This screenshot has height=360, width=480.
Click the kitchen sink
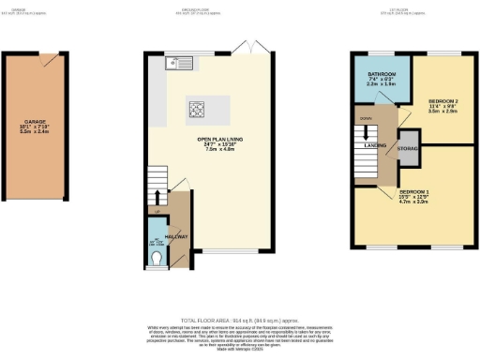tap(174, 65)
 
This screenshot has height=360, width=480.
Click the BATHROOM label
tap(381, 73)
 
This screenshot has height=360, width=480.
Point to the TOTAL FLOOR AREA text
tap(239, 320)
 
